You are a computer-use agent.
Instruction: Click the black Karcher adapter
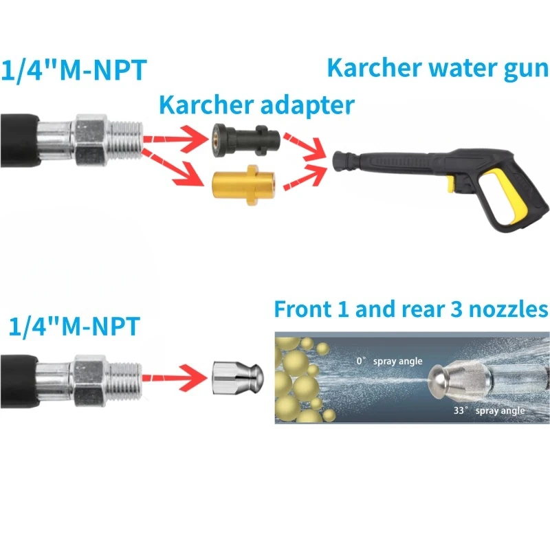[x=245, y=140]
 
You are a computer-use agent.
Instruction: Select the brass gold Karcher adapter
[x=244, y=185]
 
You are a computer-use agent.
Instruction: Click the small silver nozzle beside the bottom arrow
[x=237, y=379]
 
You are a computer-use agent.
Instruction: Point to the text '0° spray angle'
[x=389, y=361]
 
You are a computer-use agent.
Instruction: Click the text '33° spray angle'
[x=489, y=410]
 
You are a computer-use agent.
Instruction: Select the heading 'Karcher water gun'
[x=438, y=68]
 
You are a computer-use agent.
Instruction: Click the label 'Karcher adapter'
[x=257, y=105]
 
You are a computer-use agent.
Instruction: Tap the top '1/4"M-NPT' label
[x=74, y=70]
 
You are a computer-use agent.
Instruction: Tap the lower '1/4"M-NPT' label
[x=74, y=326]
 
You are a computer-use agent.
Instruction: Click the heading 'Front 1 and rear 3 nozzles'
[x=411, y=309]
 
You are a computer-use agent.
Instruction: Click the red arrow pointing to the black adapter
[x=175, y=139]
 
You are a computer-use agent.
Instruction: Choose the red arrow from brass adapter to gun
[x=305, y=176]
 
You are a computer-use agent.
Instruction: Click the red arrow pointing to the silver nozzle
[x=175, y=377]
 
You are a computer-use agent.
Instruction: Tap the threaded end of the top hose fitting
[x=126, y=140]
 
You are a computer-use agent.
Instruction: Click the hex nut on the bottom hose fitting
[x=89, y=381]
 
